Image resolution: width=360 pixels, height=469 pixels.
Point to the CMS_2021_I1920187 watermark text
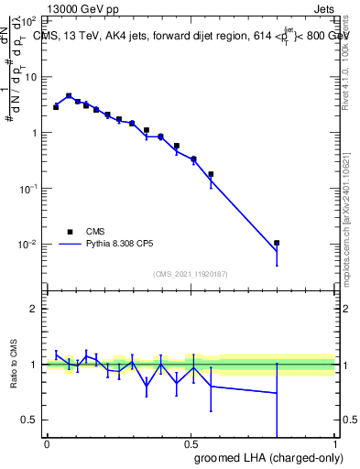pyautogui.click(x=190, y=274)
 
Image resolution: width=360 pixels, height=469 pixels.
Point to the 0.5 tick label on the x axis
pyautogui.click(x=191, y=443)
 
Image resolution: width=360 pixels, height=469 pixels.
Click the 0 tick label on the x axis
pyautogui.click(x=47, y=443)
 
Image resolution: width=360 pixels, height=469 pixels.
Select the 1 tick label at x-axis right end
pyautogui.click(x=334, y=443)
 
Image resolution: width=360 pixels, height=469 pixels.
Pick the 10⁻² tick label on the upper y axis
pyautogui.click(x=28, y=245)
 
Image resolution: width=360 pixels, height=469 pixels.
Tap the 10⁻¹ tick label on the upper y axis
pyautogui.click(x=28, y=189)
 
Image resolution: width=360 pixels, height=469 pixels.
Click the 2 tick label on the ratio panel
pyautogui.click(x=35, y=309)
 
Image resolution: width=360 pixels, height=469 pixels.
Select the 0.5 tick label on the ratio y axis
pyautogui.click(x=31, y=420)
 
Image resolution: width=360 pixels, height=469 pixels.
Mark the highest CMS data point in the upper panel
pyautogui.click(x=69, y=95)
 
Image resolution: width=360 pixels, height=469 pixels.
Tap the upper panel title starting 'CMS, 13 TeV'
pyautogui.click(x=188, y=37)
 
